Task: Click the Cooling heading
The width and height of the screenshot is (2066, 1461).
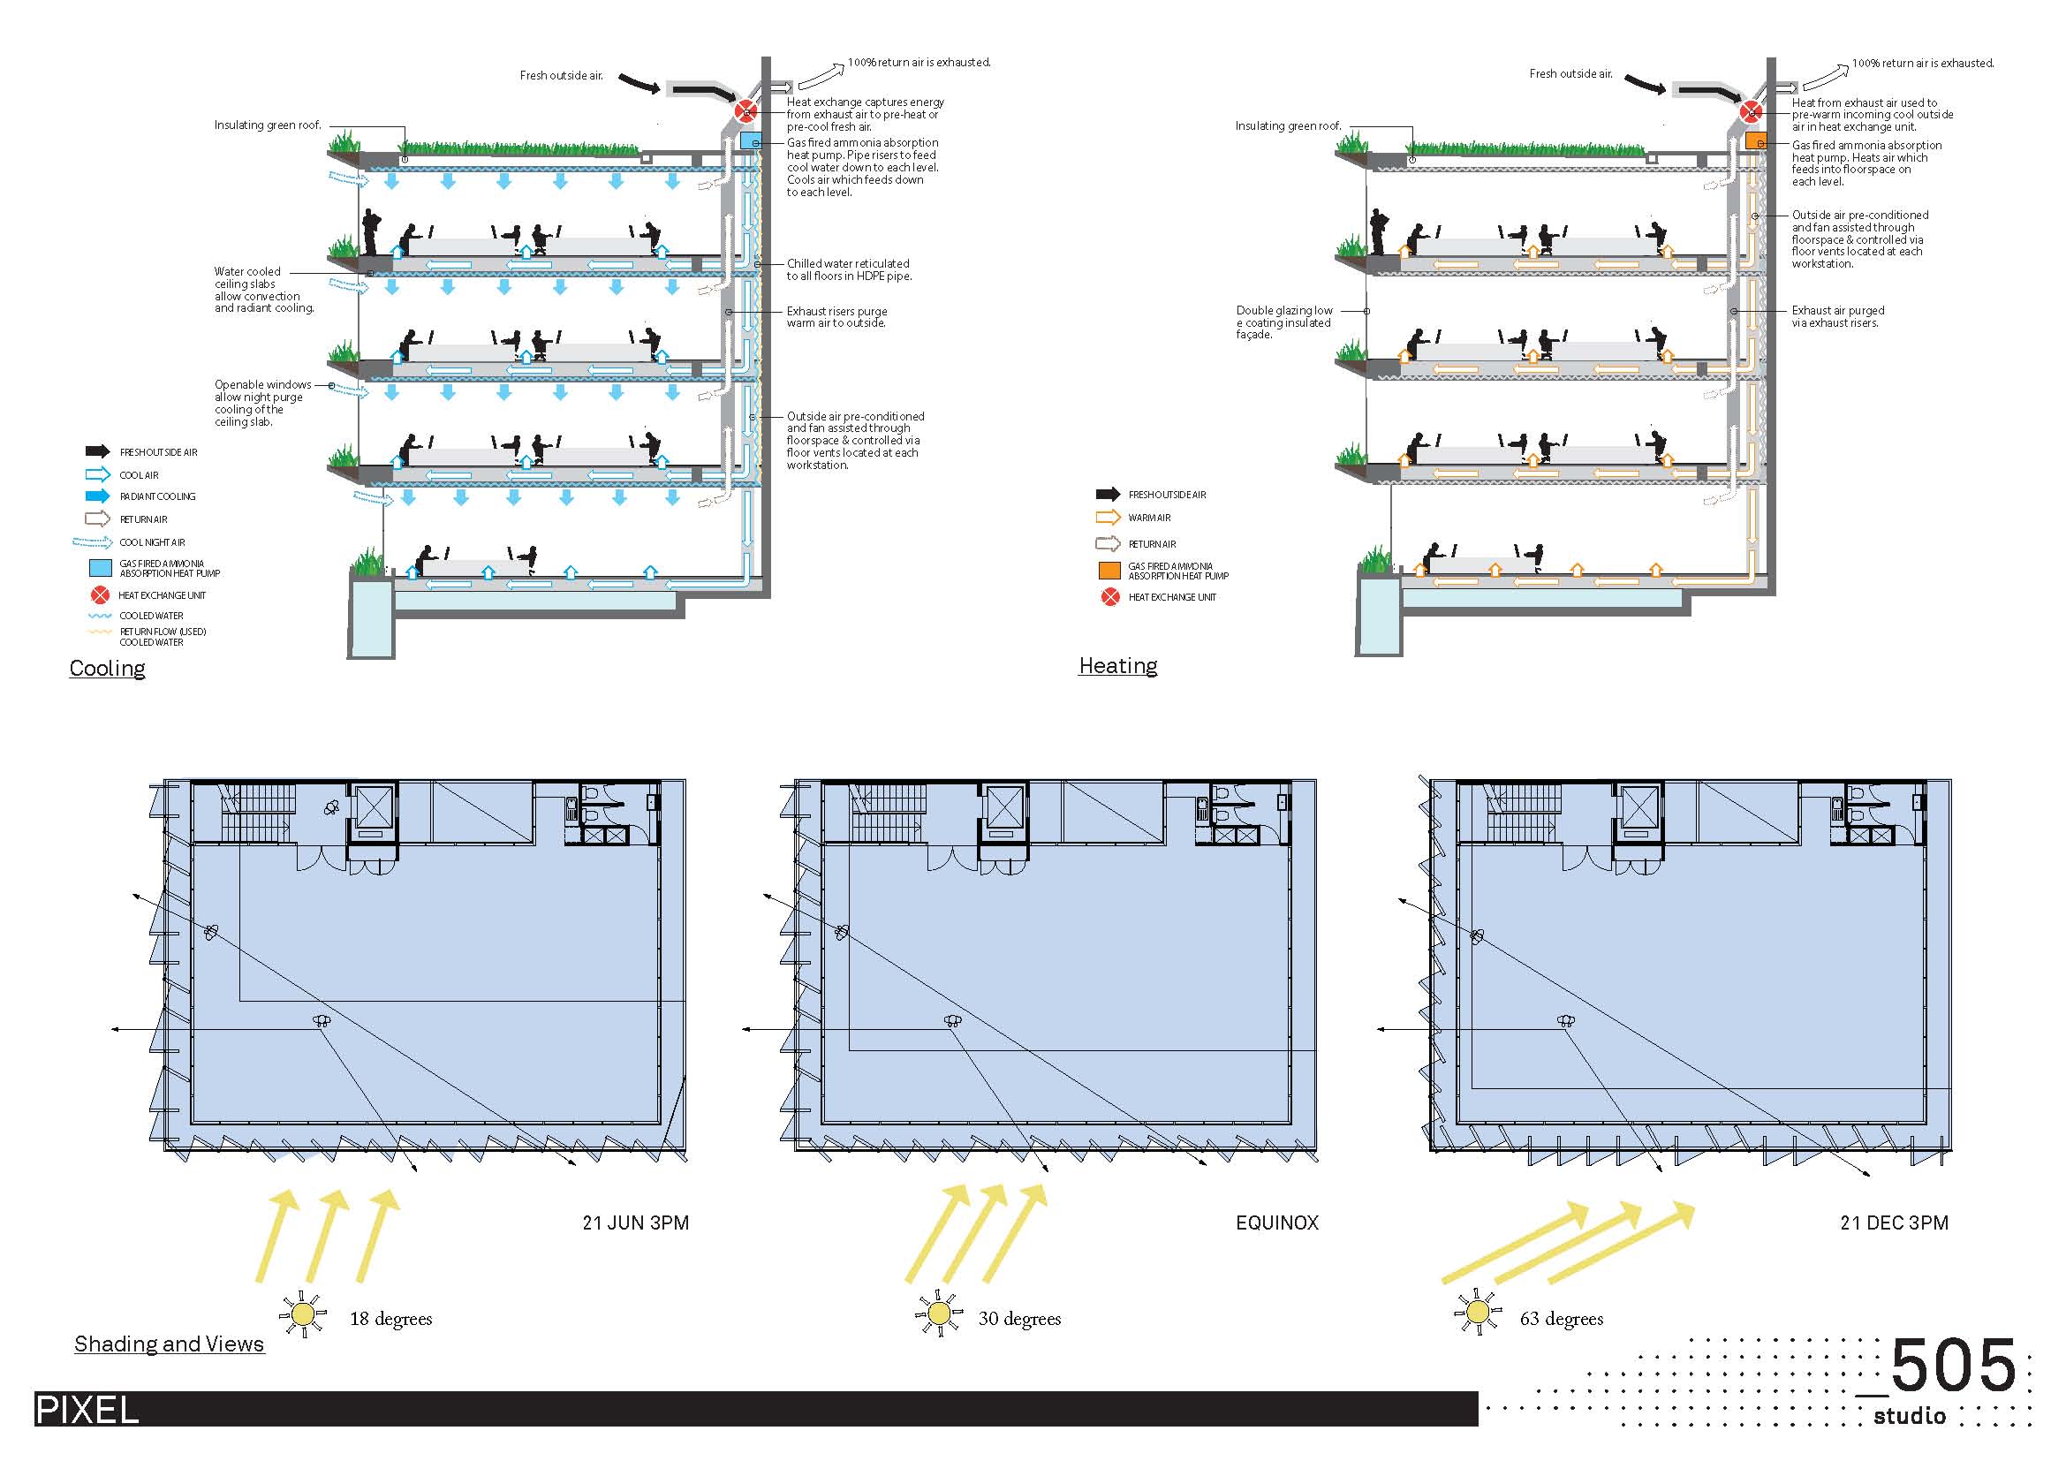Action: click(x=107, y=669)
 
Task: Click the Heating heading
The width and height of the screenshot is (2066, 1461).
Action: click(x=1117, y=666)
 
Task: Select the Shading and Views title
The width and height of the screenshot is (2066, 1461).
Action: click(x=170, y=1344)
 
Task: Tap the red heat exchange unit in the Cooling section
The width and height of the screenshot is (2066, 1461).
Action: click(x=745, y=111)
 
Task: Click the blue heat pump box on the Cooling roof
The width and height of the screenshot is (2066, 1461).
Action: click(x=751, y=141)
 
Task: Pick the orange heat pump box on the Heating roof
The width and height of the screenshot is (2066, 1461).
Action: click(x=1756, y=141)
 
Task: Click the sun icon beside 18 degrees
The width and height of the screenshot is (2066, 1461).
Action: click(x=302, y=1315)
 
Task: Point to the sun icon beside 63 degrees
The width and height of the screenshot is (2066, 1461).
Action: click(x=1477, y=1313)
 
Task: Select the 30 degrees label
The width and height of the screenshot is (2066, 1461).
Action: click(x=1019, y=1319)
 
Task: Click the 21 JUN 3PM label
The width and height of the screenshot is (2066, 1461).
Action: click(x=635, y=1223)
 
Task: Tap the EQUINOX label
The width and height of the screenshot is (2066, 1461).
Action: click(x=1277, y=1223)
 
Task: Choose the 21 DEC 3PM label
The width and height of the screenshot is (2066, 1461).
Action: click(x=1894, y=1223)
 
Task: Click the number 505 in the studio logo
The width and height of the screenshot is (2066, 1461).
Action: click(x=1954, y=1366)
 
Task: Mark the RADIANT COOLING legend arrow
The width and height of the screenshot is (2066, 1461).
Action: click(x=97, y=496)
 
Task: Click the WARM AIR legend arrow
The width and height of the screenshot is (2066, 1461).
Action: click(x=1108, y=518)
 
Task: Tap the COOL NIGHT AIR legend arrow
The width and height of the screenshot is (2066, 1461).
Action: click(x=92, y=542)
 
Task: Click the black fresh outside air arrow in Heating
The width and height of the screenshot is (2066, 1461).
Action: click(x=1645, y=83)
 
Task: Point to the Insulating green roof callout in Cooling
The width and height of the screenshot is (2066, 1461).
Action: click(x=268, y=126)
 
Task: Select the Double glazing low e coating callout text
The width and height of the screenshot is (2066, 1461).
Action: click(x=1283, y=322)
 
